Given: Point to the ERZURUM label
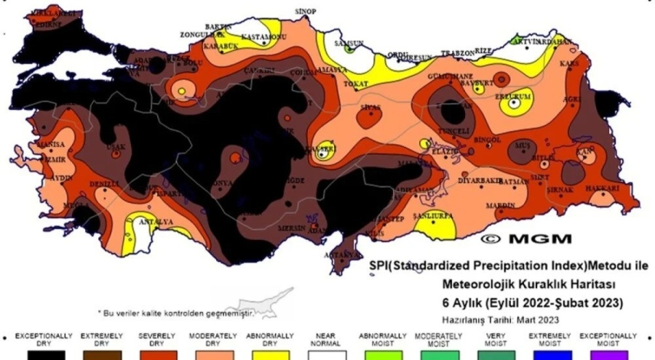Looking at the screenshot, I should click(x=515, y=94).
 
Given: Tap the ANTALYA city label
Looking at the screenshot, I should click(x=156, y=221).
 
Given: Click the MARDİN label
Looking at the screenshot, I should click(x=500, y=204).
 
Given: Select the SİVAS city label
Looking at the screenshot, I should click(x=370, y=107).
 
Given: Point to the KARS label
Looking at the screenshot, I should click(x=568, y=64).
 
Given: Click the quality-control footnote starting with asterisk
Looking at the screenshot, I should click(x=175, y=313).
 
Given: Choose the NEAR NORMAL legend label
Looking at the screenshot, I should click(x=325, y=339).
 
